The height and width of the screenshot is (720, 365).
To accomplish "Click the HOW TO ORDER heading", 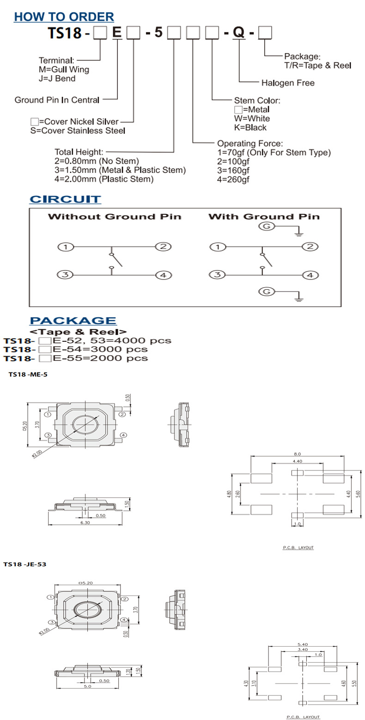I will (64, 17).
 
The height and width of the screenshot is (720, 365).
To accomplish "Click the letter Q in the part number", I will (238, 32).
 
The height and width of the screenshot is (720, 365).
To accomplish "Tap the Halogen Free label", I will (288, 83).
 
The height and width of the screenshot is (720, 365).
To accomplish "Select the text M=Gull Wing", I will (64, 69).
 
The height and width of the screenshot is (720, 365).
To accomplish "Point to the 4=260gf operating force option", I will (234, 179).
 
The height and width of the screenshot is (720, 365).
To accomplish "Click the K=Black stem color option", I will (250, 127).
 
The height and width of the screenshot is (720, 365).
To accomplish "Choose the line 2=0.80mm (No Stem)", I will (97, 161).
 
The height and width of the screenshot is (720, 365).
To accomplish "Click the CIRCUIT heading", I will (65, 199).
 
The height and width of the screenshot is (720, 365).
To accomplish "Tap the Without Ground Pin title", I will (115, 216).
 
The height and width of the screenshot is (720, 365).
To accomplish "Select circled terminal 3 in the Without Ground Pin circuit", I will (66, 275).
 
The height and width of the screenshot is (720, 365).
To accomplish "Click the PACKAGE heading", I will (73, 321).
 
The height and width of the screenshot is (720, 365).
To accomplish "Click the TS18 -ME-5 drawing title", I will (28, 375).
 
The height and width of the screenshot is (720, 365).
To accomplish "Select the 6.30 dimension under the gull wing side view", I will (85, 523).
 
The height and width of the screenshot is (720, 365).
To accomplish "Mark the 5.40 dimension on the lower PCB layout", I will (304, 643).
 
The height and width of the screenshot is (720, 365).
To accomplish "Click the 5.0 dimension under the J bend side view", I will (87, 686).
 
